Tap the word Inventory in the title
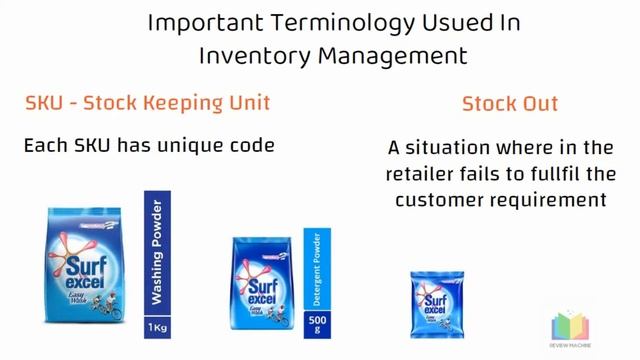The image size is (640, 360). coord(254,56)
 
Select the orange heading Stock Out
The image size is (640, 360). coord(510,103)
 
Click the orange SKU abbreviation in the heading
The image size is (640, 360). coord(44,103)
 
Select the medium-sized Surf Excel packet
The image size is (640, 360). coord(262,283)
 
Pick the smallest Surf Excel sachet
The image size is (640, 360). coord(433,304)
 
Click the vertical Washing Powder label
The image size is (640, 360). coord(157,256)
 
